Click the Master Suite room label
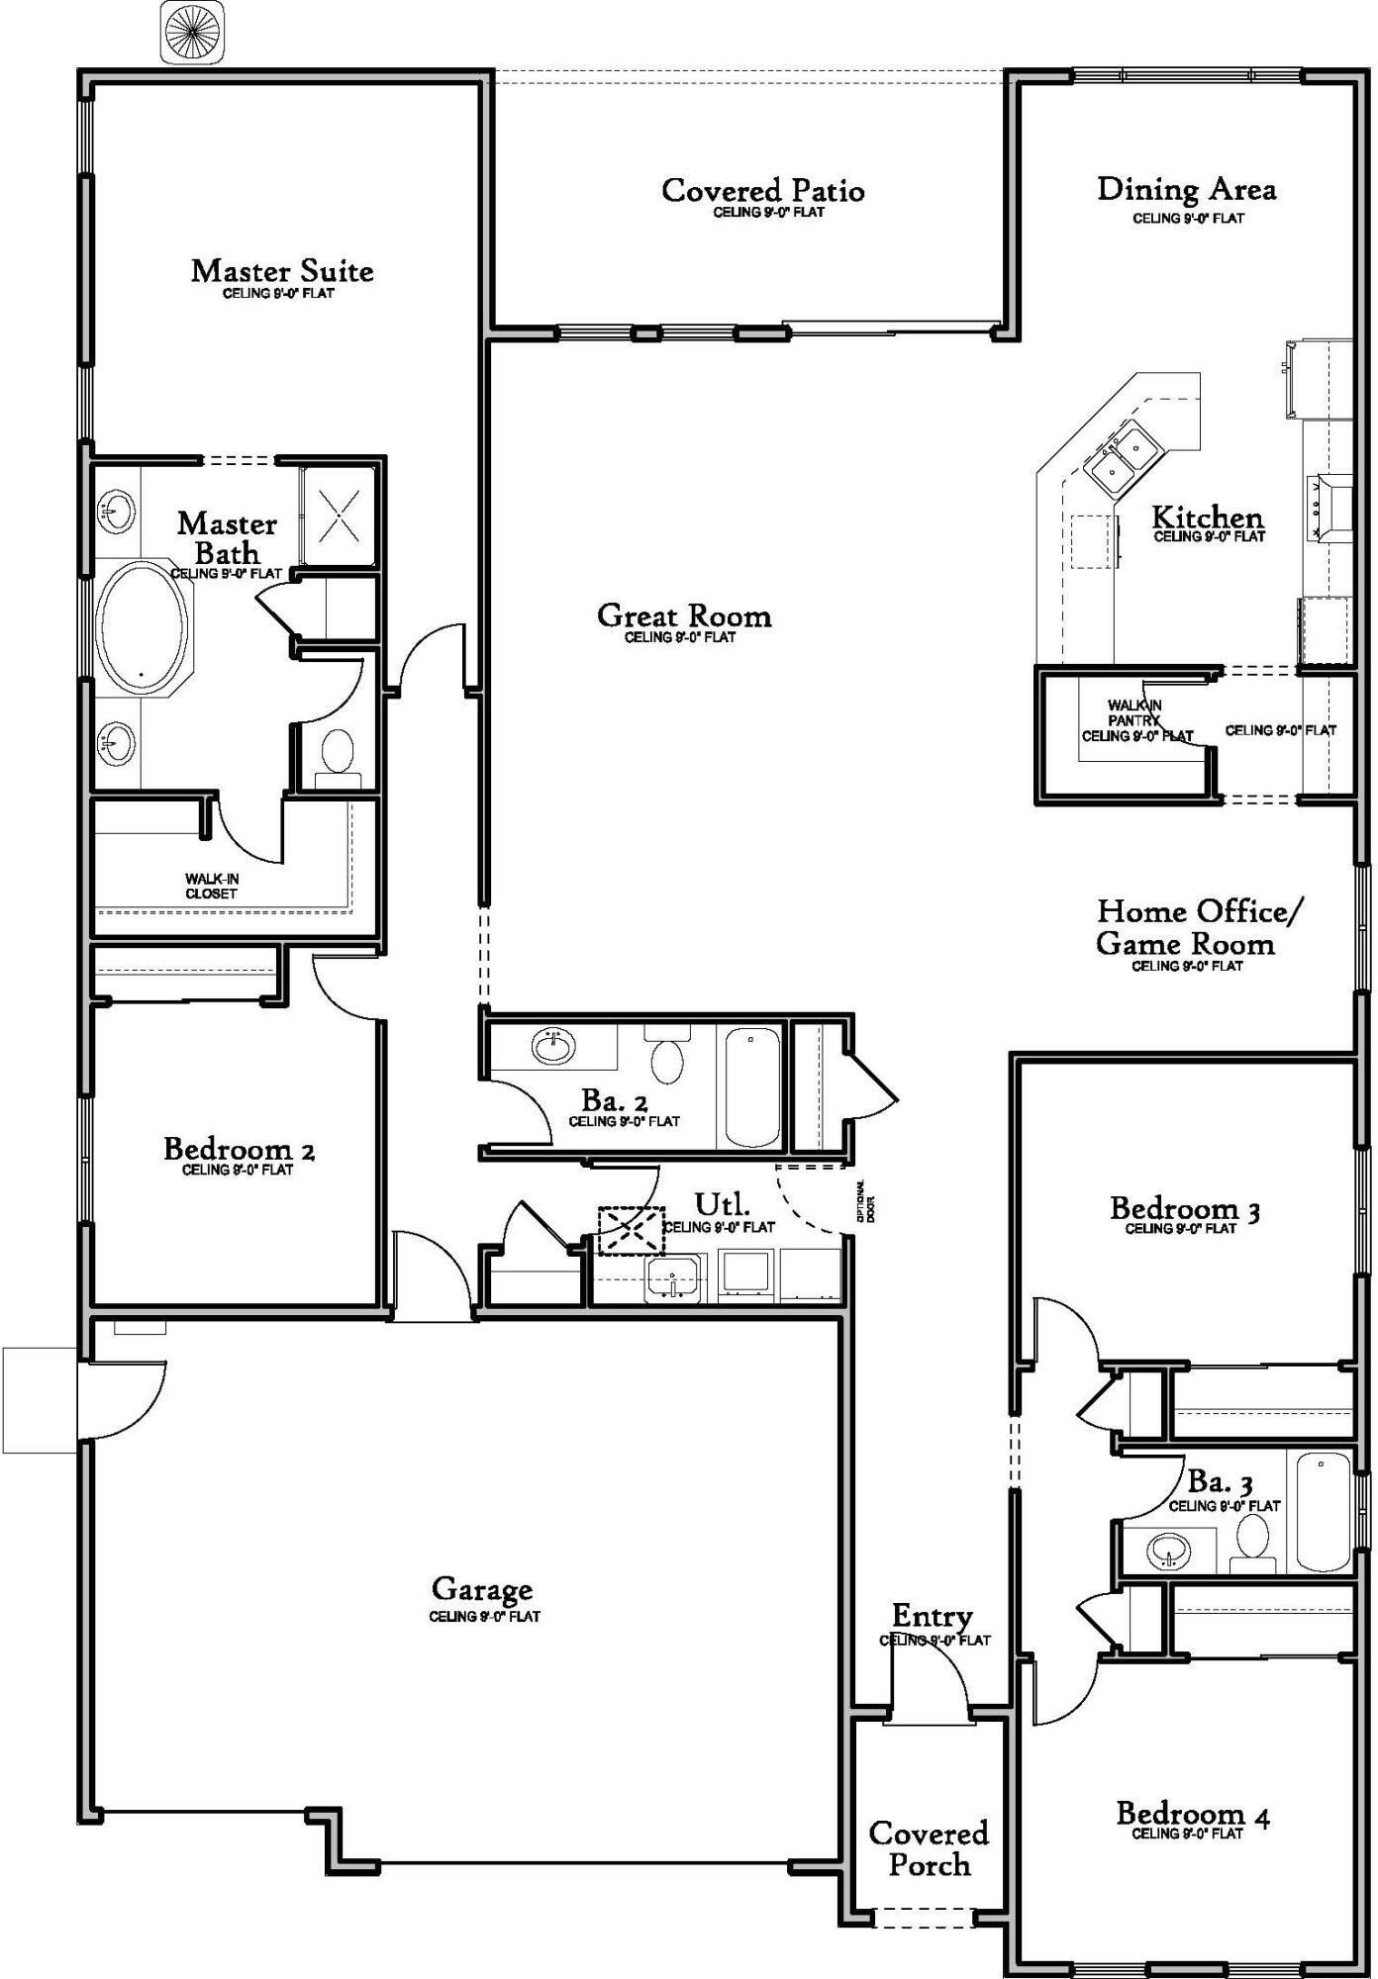point(282,271)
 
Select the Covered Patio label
point(762,190)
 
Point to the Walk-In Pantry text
point(1134,720)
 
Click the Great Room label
point(684,616)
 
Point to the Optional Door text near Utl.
point(867,1202)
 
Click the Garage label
point(482,1590)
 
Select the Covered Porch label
point(929,1848)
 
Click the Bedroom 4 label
point(1192,1815)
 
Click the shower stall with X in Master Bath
point(339,517)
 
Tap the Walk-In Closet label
point(212,886)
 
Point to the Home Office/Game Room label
point(1199,927)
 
